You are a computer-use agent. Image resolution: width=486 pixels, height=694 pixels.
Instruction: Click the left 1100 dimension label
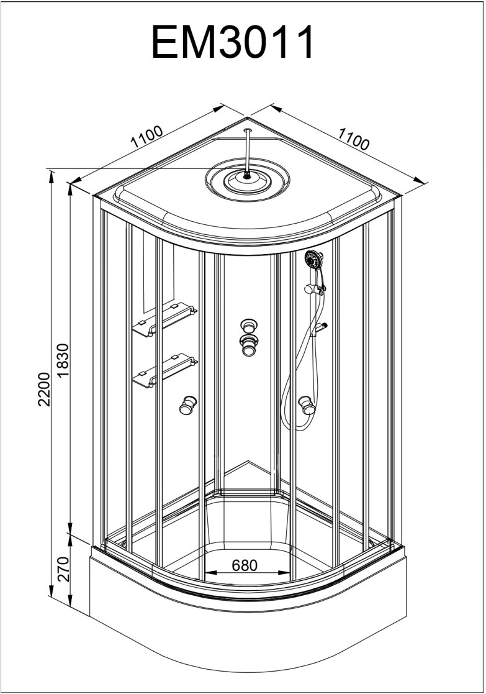pyautogui.click(x=146, y=137)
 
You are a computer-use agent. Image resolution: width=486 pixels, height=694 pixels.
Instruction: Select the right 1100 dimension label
pyautogui.click(x=353, y=140)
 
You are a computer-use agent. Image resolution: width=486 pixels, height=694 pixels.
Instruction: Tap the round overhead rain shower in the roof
pyautogui.click(x=248, y=180)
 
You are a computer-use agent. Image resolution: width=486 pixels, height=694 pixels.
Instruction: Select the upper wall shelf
pyautogui.click(x=165, y=319)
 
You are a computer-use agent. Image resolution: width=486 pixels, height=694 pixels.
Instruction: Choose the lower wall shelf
pyautogui.click(x=165, y=372)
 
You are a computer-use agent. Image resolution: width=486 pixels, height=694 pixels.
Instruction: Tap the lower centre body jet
pyautogui.click(x=249, y=345)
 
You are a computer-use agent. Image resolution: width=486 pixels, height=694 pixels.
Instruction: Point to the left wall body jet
pyautogui.click(x=187, y=405)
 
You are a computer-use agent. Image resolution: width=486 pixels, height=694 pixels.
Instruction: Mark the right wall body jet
pyautogui.click(x=306, y=405)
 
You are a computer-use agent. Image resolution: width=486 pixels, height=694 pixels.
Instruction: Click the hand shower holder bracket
pyautogui.click(x=316, y=288)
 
